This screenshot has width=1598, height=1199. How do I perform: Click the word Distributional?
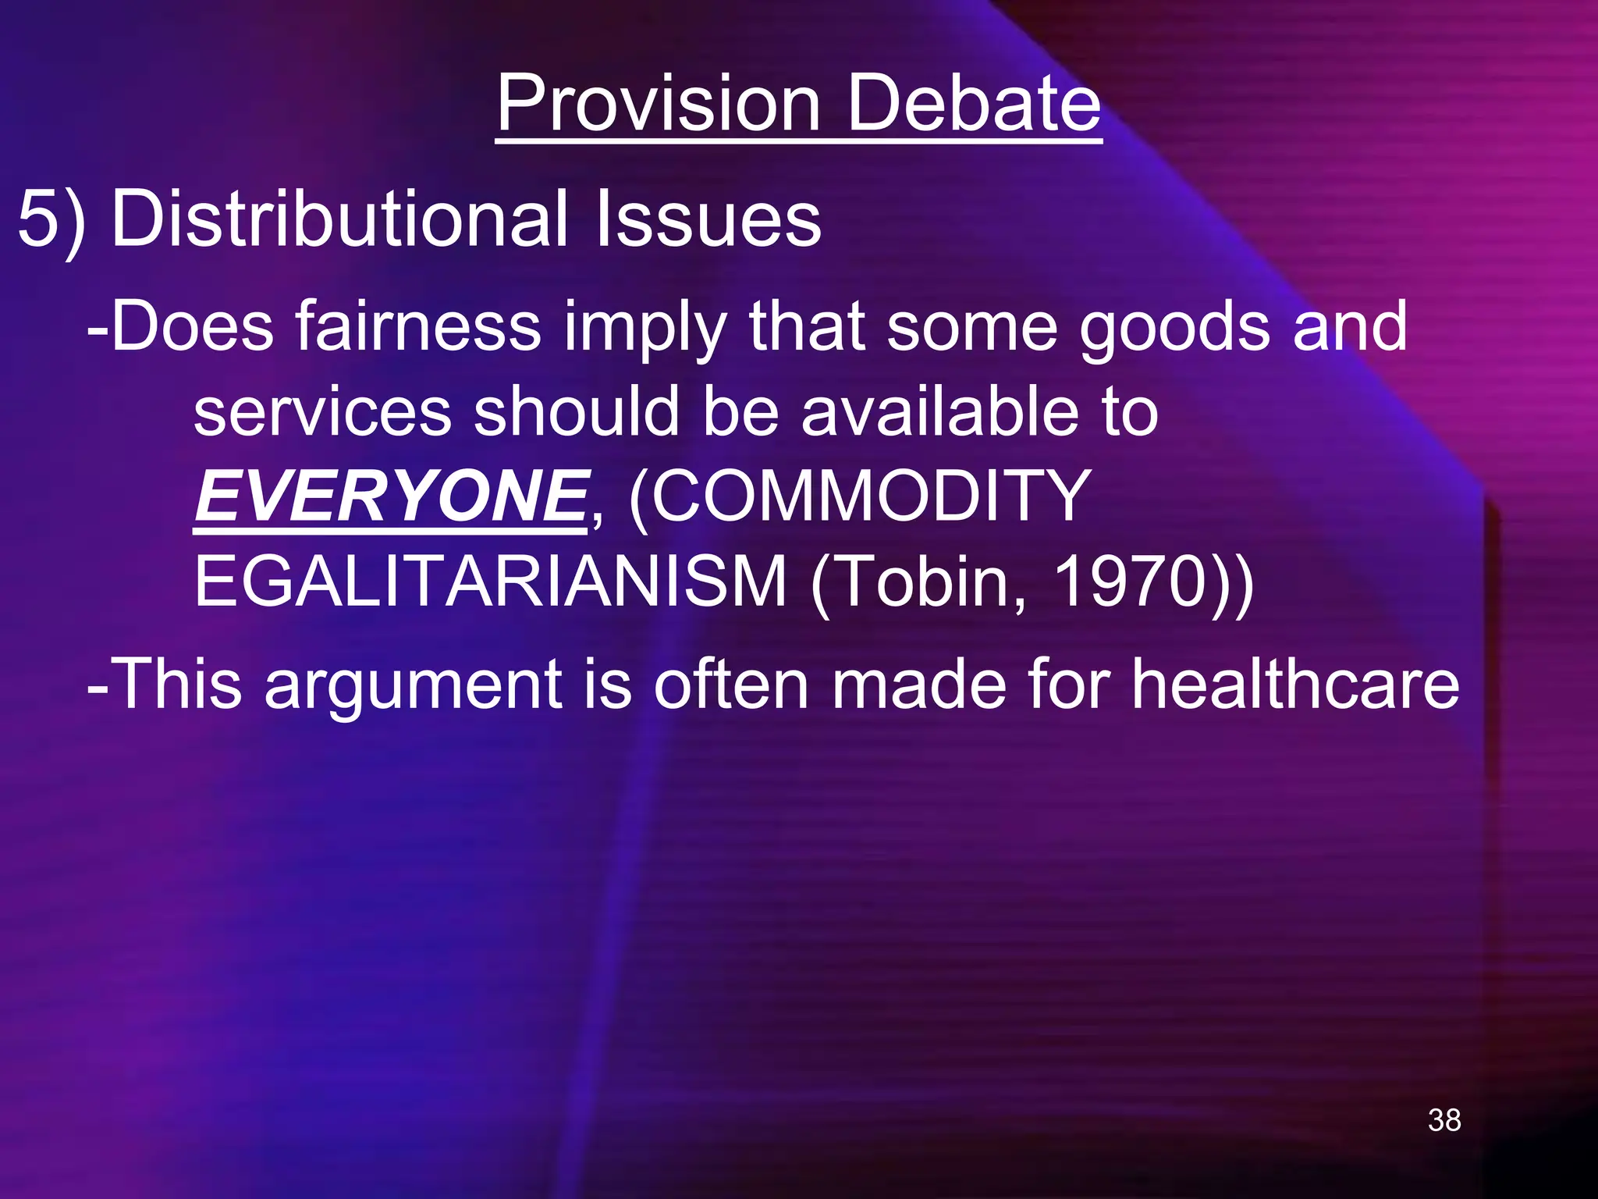pos(340,219)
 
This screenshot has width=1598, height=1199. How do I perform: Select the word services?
pos(322,412)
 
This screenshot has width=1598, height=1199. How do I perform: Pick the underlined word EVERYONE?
pos(391,496)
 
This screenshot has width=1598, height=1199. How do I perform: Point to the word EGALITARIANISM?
pos(490,582)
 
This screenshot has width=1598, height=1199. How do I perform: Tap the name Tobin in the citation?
pos(925,582)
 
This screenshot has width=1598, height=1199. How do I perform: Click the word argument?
pos(414,685)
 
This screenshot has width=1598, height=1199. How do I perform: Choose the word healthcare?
pos(1295,684)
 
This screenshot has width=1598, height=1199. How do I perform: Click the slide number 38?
pos(1444,1120)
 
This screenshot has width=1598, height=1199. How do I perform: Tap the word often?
pos(730,684)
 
